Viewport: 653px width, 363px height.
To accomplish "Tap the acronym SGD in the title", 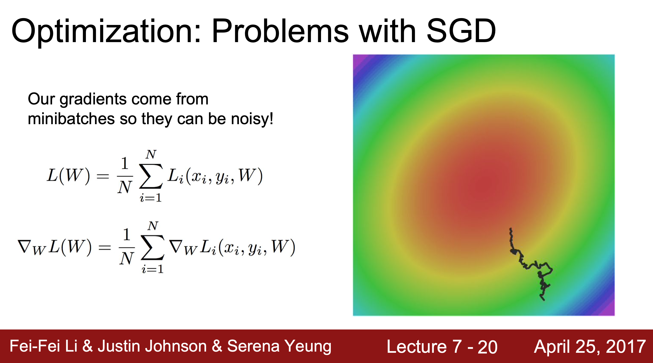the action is point(461,31).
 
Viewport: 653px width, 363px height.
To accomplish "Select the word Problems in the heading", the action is point(280,31).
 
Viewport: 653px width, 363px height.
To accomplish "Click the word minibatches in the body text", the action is point(71,118).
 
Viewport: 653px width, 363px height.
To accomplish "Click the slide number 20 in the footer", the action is point(487,347).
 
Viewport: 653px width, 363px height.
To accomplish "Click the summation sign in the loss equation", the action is point(151,176).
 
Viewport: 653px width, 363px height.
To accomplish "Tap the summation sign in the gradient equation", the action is point(153,247).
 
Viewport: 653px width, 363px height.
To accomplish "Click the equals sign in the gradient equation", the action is point(105,248).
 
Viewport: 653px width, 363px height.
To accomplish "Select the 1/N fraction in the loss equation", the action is point(125,175).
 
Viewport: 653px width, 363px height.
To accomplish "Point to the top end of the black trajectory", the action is point(510,229).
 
